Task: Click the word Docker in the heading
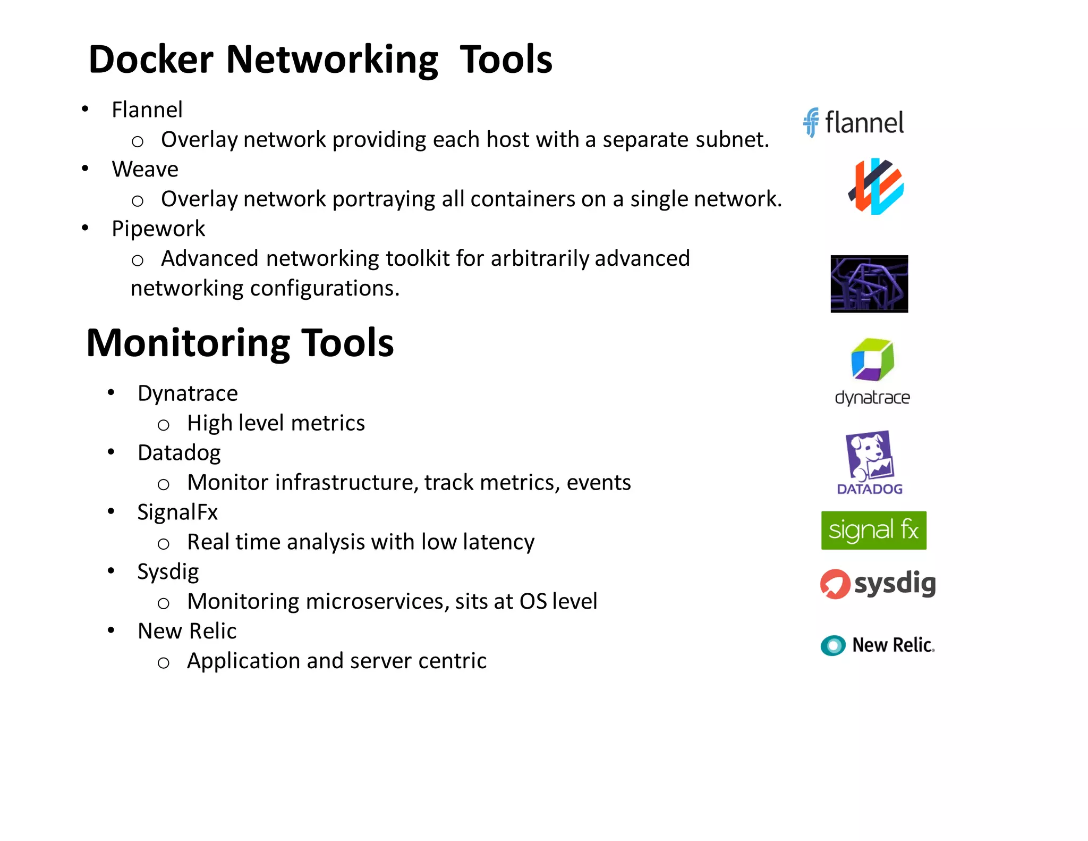(151, 60)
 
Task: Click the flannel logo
(853, 123)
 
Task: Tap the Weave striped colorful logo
(876, 186)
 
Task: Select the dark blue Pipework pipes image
(869, 284)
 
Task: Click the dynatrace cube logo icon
(872, 360)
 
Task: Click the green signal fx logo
(873, 531)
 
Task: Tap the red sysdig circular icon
(835, 584)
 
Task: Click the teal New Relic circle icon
(833, 645)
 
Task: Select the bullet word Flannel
(147, 110)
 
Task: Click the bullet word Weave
(145, 170)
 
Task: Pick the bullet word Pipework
(158, 229)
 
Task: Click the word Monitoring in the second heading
(188, 343)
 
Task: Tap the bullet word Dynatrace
(188, 394)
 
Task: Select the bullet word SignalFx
(177, 512)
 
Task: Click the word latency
(498, 542)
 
